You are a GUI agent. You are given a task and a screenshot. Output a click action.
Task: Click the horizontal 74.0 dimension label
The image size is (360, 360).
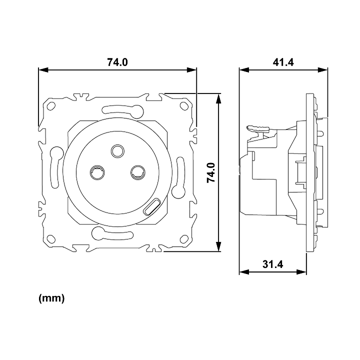(x=117, y=62)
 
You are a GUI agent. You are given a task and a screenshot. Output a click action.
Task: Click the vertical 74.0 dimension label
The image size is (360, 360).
(x=211, y=172)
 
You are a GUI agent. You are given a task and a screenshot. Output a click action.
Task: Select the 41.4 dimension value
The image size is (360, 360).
(x=283, y=62)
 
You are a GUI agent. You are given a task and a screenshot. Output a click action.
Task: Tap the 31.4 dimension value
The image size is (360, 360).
(x=273, y=264)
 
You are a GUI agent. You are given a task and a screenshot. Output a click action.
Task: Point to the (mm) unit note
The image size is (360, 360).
(x=51, y=298)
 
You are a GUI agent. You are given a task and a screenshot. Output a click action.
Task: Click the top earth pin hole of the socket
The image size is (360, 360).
(x=118, y=151)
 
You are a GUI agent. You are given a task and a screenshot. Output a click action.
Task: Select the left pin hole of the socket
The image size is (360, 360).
(x=97, y=172)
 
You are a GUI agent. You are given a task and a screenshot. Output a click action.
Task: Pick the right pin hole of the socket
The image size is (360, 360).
(x=138, y=172)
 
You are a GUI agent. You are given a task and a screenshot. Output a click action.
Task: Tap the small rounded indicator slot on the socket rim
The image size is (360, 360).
(x=151, y=206)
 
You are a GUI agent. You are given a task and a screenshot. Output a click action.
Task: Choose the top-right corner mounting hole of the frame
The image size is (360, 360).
(x=184, y=106)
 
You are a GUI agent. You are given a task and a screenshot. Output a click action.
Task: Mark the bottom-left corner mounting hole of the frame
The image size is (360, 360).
(x=51, y=239)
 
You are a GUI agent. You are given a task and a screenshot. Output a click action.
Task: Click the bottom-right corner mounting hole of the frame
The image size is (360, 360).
(x=184, y=239)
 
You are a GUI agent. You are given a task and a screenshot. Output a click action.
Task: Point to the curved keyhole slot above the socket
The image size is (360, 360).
(x=123, y=110)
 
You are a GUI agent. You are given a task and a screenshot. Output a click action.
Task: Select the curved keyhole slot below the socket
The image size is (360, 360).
(x=112, y=234)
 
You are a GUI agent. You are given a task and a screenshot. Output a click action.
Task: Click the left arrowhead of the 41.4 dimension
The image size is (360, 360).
(x=244, y=69)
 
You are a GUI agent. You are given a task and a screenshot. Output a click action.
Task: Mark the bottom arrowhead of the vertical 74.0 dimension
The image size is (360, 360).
(x=218, y=246)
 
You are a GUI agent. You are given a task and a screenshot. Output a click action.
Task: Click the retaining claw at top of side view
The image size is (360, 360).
(x=257, y=128)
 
